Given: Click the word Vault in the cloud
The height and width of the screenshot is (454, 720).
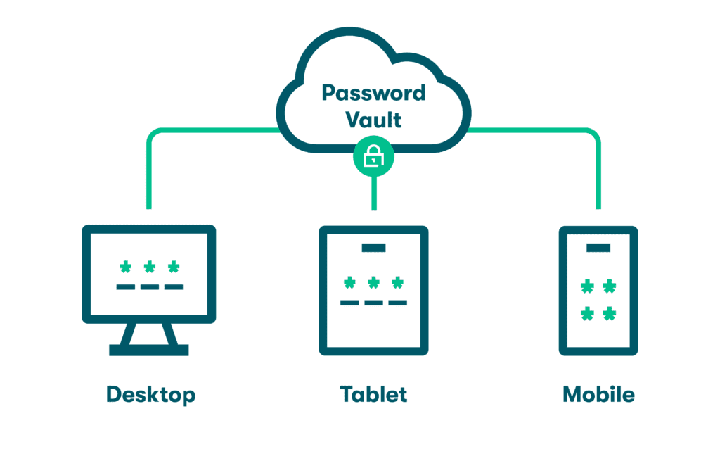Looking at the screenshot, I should (373, 119).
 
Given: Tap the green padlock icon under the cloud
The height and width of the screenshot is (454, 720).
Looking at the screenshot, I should (373, 158).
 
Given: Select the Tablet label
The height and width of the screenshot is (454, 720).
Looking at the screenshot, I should (373, 394).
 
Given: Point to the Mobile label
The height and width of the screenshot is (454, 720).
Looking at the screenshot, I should (598, 394).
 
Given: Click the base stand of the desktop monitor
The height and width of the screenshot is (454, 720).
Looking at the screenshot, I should (150, 349).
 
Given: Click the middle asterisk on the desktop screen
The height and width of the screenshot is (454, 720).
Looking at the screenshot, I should (150, 267).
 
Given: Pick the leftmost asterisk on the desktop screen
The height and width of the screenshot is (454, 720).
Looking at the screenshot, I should (126, 267).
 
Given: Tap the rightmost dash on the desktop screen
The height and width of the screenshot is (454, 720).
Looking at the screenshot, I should (173, 287).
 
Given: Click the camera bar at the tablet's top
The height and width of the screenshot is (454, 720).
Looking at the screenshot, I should (373, 247).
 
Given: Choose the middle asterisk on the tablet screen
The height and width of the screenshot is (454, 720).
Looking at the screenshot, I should (373, 283).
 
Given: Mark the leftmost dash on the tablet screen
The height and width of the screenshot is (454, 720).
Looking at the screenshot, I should (349, 303).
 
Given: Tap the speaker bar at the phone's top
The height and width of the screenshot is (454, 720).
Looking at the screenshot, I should (598, 247).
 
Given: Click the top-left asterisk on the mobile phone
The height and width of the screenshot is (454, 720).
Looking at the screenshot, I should (586, 286).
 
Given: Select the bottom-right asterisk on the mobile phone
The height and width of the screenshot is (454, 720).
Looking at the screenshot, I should (610, 313).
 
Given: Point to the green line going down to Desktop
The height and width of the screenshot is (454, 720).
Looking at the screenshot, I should (149, 176).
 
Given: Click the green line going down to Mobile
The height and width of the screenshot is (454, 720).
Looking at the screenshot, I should (598, 176).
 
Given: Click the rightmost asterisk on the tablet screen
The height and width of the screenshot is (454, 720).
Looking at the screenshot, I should (397, 283).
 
